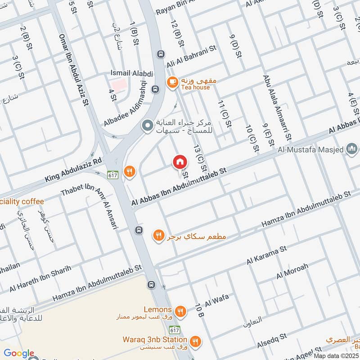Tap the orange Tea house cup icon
pos(172,82)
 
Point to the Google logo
pos(19,353)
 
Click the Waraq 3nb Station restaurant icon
pos(195,340)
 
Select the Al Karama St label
pos(266,255)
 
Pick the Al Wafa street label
pos(217,299)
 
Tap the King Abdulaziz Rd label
pos(74,170)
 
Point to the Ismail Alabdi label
pos(132,73)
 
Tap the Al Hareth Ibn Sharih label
pos(40,279)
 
